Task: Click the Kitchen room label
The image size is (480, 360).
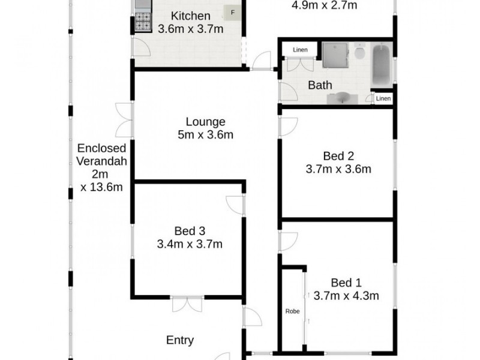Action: pos(190,16)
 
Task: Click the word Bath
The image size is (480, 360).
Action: pos(320,85)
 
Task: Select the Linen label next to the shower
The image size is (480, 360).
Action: pos(300,50)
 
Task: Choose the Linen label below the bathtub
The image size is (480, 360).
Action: pos(383,98)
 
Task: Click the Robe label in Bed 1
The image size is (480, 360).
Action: pos(292,311)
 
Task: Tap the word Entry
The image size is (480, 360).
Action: pos(180,340)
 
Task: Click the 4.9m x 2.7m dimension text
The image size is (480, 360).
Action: pos(324,6)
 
